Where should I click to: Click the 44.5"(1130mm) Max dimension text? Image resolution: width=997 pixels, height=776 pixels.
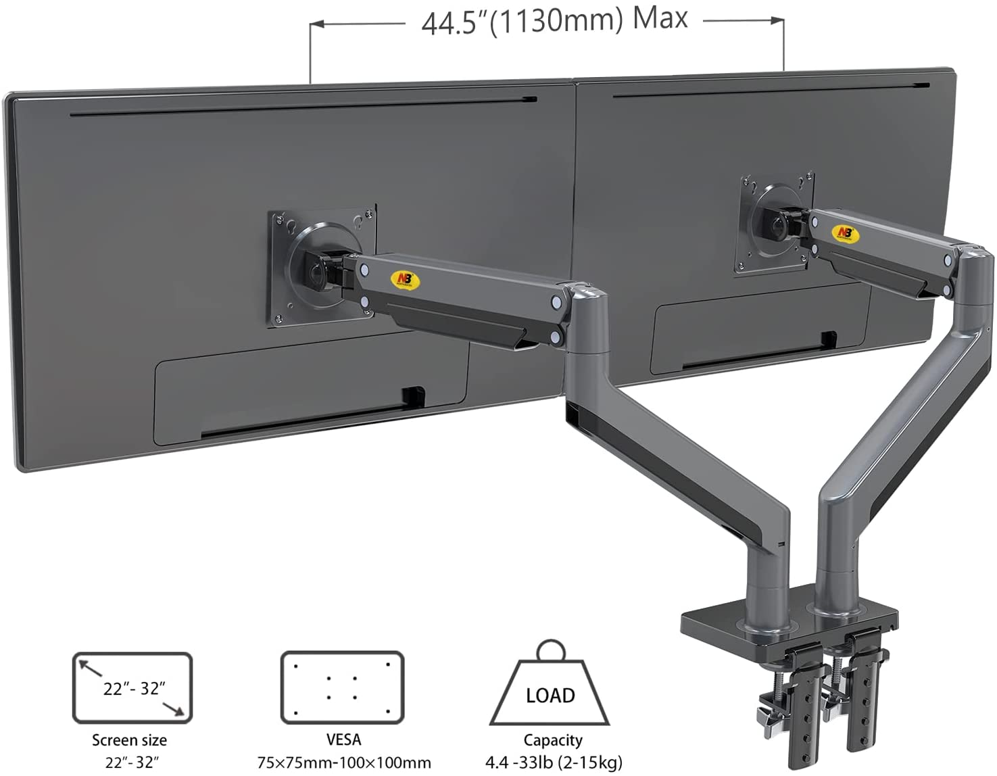click(554, 20)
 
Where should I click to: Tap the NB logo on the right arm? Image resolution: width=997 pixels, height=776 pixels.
click(844, 233)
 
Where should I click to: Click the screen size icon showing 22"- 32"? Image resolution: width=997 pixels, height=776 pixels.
click(132, 687)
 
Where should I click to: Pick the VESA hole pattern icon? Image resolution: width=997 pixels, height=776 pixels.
click(342, 687)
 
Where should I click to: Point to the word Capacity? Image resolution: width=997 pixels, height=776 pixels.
click(552, 740)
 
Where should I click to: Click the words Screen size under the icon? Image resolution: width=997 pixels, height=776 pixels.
click(129, 740)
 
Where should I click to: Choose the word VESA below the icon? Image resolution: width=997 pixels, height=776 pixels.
click(343, 740)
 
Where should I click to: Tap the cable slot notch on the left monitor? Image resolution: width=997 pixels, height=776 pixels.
click(412, 397)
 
